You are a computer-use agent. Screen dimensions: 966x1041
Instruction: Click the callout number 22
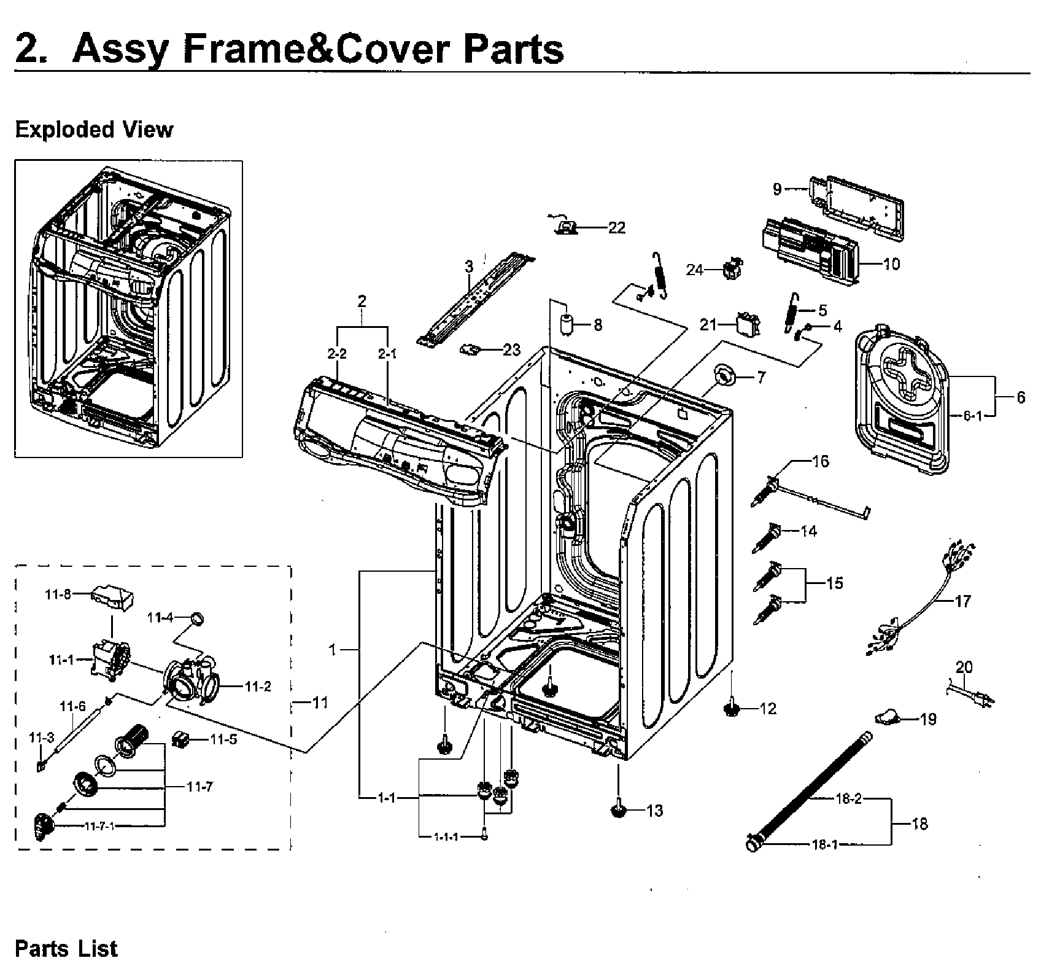[616, 228]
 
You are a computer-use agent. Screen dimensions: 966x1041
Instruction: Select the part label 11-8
[58, 594]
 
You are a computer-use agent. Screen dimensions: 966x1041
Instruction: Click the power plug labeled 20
[976, 696]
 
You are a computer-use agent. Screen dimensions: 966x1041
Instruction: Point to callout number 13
[655, 811]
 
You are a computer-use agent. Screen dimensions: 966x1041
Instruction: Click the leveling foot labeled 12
[732, 708]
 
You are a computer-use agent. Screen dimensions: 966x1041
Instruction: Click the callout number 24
[694, 270]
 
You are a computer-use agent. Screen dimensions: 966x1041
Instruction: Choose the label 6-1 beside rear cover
[972, 416]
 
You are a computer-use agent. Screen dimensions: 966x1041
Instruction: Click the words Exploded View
[94, 130]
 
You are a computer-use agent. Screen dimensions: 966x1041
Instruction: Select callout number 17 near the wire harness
[962, 601]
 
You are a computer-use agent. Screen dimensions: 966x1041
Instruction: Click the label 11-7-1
[99, 826]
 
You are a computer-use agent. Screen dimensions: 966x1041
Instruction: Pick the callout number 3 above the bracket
[469, 267]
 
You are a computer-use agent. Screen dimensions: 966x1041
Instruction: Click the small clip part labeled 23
[470, 349]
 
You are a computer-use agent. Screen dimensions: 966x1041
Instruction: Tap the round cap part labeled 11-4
[198, 618]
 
